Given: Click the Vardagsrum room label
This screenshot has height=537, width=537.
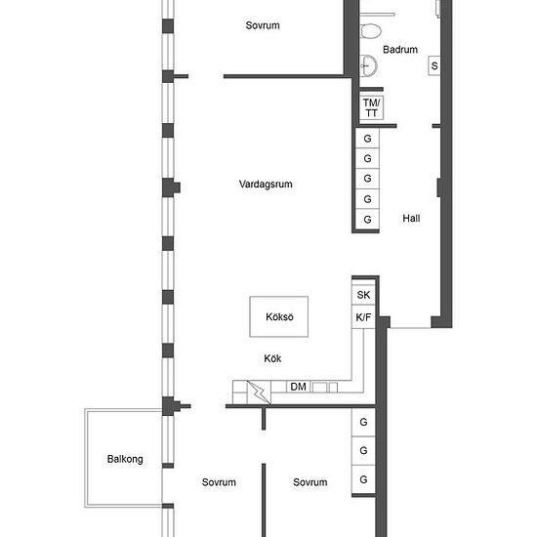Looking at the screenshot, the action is [266, 185].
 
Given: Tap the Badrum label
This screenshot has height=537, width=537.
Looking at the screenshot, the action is [400, 50].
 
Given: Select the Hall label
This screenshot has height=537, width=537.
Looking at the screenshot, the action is [411, 218].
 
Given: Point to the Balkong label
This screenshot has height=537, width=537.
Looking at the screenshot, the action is [125, 459].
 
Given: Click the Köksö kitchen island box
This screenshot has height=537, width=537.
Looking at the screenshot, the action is [279, 316].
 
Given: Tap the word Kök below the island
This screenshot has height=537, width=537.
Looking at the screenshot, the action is [272, 358].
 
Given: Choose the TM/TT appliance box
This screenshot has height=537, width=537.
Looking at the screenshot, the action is [371, 107].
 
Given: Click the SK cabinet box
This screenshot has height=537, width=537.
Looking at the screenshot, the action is [363, 295].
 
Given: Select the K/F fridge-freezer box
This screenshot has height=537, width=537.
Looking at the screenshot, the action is [363, 317].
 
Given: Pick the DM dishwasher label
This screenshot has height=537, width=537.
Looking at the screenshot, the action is [298, 387].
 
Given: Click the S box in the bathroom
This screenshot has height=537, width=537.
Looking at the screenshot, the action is [434, 65].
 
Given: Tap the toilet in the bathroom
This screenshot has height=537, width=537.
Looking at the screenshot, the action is [371, 31].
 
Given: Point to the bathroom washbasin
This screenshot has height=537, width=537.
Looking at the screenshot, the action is [368, 65].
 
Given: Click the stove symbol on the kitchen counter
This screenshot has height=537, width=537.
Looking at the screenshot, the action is [259, 392].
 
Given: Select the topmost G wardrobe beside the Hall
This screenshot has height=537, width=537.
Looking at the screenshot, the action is [367, 139].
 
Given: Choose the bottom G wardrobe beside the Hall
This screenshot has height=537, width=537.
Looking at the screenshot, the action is [367, 219].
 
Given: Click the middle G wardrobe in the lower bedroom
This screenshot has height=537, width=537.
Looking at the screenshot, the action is [363, 450].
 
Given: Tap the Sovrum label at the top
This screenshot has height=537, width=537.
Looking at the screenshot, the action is [263, 25].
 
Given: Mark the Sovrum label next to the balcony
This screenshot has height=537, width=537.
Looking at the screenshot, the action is [219, 482].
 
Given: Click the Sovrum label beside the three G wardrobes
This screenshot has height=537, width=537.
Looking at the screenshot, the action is [310, 482].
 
